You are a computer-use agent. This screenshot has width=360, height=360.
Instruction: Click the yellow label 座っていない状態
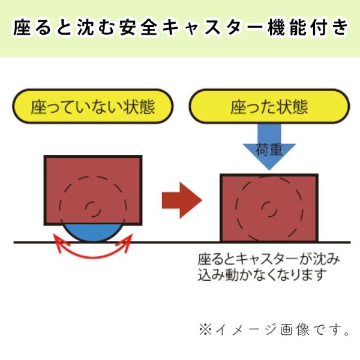[93, 106]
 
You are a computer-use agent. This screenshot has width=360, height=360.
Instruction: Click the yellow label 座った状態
[269, 106]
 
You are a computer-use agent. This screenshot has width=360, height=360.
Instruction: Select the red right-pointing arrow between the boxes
[182, 200]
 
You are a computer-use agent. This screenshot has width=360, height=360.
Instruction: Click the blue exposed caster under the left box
[93, 233]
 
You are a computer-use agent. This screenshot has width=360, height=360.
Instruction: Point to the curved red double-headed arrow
[93, 257]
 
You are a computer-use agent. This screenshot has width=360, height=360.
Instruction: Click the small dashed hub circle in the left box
[93, 209]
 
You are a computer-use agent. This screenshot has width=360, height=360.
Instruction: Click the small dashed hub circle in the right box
[269, 209]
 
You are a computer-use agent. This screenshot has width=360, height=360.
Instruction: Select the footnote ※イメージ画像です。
[274, 329]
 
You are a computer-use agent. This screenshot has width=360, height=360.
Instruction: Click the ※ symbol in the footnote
[205, 329]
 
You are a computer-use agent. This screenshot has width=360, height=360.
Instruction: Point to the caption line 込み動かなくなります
[262, 274]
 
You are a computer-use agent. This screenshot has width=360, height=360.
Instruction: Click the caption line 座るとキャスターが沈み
[269, 259]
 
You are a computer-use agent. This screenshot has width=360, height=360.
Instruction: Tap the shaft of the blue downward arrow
[269, 134]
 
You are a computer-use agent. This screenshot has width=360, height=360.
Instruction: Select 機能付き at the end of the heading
[308, 28]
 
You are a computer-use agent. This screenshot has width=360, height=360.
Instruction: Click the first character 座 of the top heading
[22, 28]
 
